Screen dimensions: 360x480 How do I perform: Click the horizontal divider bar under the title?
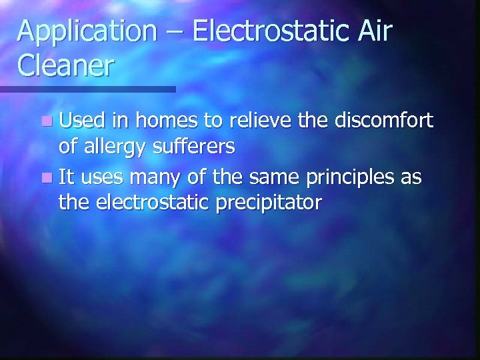pyautogui.click(x=87, y=89)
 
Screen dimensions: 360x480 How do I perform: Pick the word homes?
pyautogui.click(x=159, y=121)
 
